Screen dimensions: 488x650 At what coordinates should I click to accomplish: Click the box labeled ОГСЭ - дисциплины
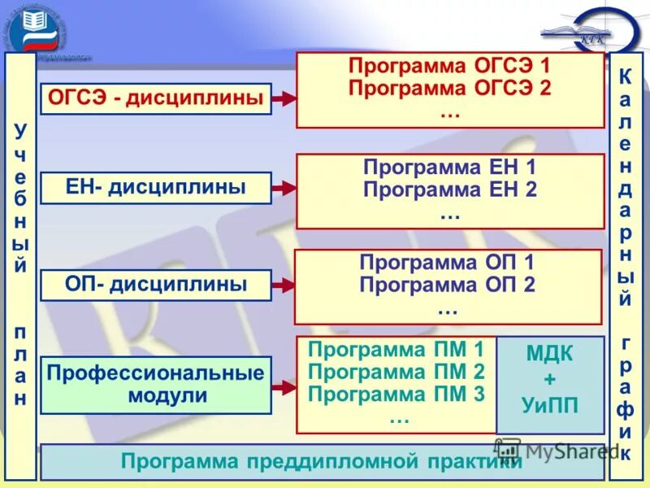coord(156,98)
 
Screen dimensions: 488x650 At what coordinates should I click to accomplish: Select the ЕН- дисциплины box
coord(156,187)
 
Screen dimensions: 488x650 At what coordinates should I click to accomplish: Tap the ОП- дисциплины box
coord(156,285)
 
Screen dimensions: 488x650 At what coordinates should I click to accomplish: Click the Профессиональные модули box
coord(156,385)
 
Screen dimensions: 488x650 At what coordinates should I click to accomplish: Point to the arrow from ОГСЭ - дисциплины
coord(284,98)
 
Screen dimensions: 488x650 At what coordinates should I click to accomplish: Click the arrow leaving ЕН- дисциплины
coord(284,188)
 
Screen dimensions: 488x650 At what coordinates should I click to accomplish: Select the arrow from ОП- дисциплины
coord(284,285)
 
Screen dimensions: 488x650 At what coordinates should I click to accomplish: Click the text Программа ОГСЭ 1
coord(449,66)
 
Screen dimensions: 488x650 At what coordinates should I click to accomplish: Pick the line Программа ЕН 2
coord(449,191)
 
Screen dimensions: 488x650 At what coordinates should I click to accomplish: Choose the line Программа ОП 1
coord(447,263)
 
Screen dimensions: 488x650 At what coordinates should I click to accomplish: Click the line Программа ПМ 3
coord(396,395)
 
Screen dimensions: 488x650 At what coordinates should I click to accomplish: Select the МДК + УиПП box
coord(550,384)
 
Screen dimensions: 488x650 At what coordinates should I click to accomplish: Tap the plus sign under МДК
coord(550,380)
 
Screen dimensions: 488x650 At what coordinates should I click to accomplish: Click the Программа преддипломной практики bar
coord(322,462)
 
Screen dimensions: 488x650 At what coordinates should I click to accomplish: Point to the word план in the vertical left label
coord(20,366)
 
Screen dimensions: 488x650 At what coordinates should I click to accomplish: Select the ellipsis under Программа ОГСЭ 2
coord(449,114)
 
